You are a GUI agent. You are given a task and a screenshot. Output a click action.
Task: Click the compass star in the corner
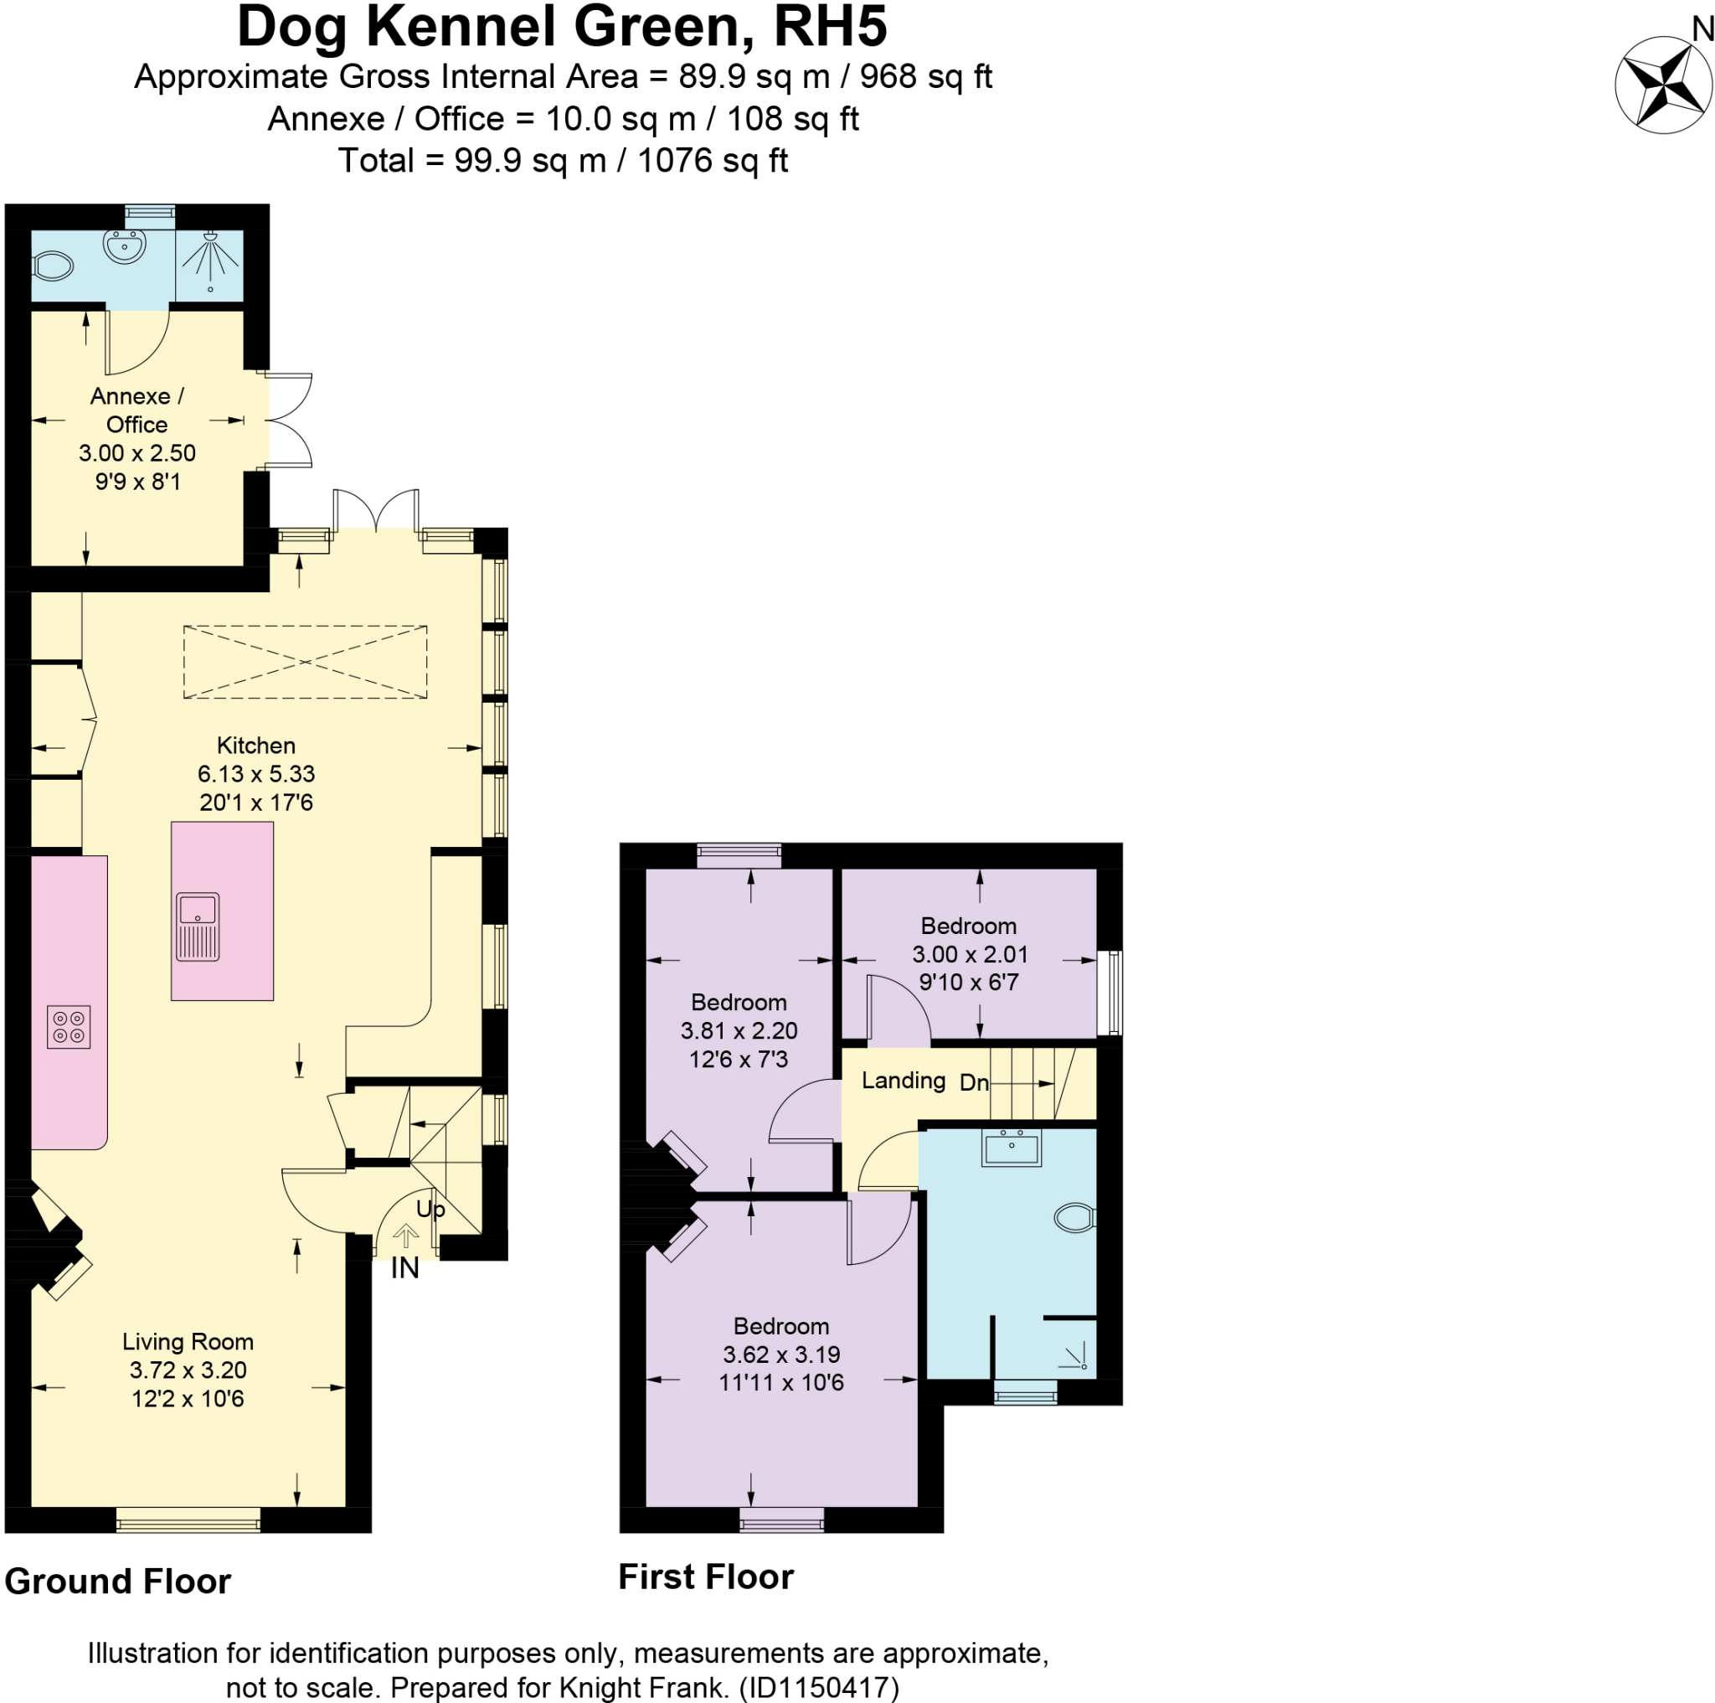pos(1662,85)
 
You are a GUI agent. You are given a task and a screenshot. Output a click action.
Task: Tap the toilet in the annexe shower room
pos(53,266)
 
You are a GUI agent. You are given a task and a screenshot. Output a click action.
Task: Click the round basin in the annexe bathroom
pos(124,246)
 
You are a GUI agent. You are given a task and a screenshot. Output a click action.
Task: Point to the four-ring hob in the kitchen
pos(69,1027)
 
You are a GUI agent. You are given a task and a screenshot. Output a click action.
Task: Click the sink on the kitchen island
pos(197,926)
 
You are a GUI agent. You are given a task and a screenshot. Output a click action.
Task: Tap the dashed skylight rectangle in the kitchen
pos(306,662)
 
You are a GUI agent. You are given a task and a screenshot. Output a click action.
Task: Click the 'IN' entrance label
pos(404,1268)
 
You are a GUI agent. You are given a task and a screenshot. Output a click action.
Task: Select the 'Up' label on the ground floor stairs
pos(430,1210)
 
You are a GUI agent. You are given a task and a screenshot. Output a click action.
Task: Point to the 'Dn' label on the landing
pos(974,1082)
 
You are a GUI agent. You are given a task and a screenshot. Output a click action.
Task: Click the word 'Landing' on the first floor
pos(903,1080)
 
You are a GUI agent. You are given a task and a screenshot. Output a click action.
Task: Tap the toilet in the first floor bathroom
pos(1075,1217)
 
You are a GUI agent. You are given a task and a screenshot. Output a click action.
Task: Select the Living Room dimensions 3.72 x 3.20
pos(188,1370)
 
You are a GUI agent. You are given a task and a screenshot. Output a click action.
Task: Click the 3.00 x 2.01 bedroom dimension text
pos(970,954)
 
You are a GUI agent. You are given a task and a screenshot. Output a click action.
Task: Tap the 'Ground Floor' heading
pos(117,1582)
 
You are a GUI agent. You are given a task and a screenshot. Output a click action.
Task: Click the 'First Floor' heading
pos(706,1577)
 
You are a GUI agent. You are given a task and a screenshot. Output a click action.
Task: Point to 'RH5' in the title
pos(829,27)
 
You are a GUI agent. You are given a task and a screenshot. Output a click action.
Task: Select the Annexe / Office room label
pos(136,410)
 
